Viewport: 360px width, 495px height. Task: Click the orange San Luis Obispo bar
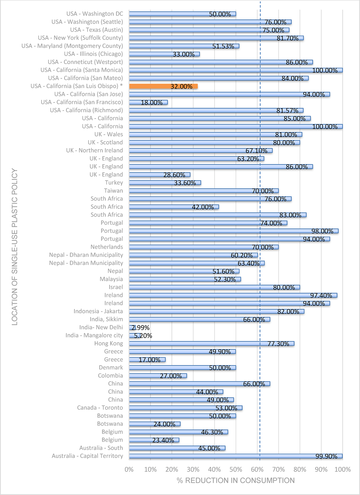point(163,86)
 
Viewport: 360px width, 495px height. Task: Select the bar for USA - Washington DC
point(182,14)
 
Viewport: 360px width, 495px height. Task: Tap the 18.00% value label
point(152,103)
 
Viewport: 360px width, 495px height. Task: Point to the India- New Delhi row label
point(101,327)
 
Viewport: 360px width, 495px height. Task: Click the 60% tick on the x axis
point(257,469)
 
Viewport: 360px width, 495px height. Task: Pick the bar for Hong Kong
point(211,344)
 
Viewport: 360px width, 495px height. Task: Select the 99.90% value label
point(326,456)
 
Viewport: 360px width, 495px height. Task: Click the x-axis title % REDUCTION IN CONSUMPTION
point(236,480)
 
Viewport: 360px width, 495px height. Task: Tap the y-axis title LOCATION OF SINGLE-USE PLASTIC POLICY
point(15,247)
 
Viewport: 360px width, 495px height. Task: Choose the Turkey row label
point(114,183)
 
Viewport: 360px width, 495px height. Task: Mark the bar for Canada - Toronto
point(186,408)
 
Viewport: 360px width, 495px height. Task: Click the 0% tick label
point(129,469)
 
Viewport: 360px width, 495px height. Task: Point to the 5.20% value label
point(143,336)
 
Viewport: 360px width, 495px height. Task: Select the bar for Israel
point(214,287)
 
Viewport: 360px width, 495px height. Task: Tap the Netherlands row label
point(107,247)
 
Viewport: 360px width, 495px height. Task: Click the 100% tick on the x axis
point(342,469)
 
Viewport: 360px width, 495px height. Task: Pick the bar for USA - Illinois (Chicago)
point(164,54)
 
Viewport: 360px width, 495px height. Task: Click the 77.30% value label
point(278,344)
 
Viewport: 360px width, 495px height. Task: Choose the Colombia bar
point(158,376)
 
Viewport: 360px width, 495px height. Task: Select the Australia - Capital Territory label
point(87,456)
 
